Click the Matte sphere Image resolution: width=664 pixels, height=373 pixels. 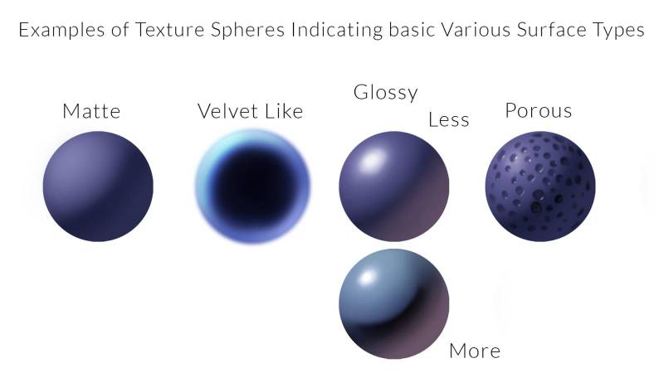coord(98,186)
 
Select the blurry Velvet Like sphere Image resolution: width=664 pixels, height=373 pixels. coord(253,186)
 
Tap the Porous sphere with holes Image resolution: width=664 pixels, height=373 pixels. coord(540,186)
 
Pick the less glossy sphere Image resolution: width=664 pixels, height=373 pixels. coord(393,186)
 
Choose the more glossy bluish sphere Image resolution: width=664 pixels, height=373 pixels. coord(393,303)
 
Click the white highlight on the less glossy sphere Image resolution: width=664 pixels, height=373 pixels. coord(373,161)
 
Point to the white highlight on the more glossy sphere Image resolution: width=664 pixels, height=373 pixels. coord(367,279)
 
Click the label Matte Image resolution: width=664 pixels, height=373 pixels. coord(91,111)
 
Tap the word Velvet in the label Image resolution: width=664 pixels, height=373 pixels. coord(227,111)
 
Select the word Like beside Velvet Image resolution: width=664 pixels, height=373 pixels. coord(284,111)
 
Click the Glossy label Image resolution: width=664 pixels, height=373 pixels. coord(385,93)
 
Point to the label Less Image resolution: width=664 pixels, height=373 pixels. coord(449,119)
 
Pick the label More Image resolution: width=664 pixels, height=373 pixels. coord(475,351)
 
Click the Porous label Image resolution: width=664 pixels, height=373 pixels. coord(539,111)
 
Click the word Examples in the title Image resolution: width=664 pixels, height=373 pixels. coord(61,30)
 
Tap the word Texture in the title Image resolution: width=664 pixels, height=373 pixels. coord(169,30)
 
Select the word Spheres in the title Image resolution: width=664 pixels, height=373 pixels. coord(247,30)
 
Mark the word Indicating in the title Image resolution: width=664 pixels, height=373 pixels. coord(337,30)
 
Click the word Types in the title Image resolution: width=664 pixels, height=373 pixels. coord(618,31)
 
